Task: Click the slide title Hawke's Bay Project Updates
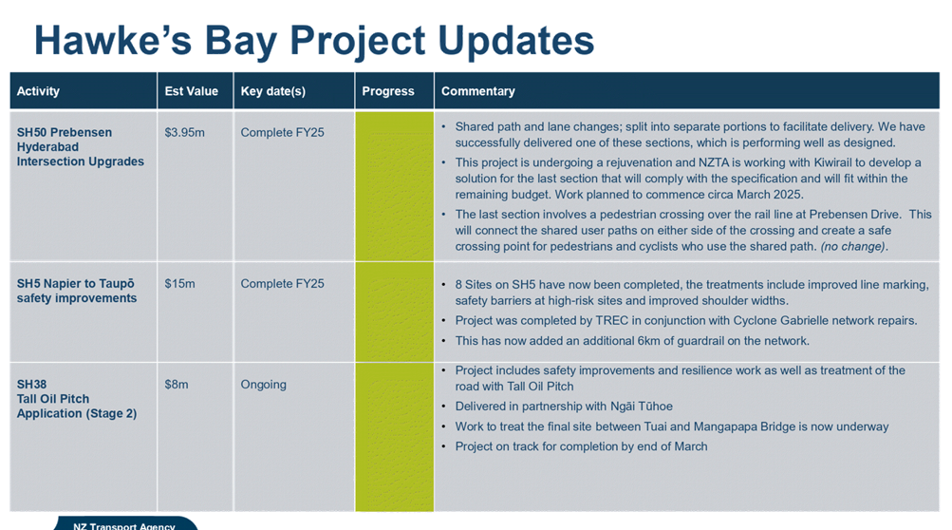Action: pos(314,41)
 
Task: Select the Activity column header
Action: pos(38,91)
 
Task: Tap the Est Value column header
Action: pos(191,91)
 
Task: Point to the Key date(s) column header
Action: pos(272,91)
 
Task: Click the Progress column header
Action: pos(388,91)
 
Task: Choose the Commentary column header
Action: pos(477,91)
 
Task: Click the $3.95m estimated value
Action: pos(184,133)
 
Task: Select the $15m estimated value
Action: pos(179,284)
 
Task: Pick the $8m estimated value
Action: pos(177,385)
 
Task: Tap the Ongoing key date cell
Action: pos(263,385)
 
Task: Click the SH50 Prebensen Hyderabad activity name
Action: pos(80,147)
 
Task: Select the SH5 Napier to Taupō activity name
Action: pos(77,292)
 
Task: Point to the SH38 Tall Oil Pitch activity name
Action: pos(77,399)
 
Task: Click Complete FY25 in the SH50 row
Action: pos(282,133)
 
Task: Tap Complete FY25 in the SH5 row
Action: pos(282,284)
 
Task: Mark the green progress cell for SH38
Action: pos(395,437)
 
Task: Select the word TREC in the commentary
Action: pos(612,321)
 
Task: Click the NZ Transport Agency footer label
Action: pos(123,526)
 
